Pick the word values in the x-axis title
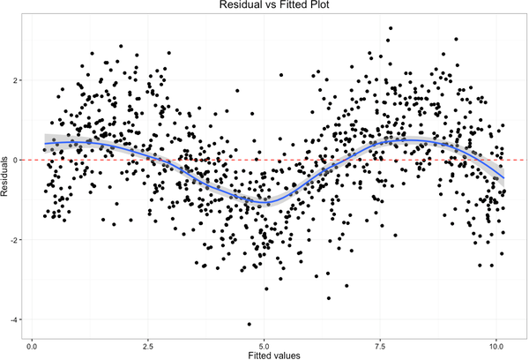pyautogui.click(x=287, y=353)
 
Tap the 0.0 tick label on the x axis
pyautogui.click(x=33, y=342)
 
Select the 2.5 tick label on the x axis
pyautogui.click(x=148, y=342)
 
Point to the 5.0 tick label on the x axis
pyautogui.click(x=264, y=342)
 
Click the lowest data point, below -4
pyautogui.click(x=250, y=324)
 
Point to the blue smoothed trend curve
pyautogui.click(x=264, y=203)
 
